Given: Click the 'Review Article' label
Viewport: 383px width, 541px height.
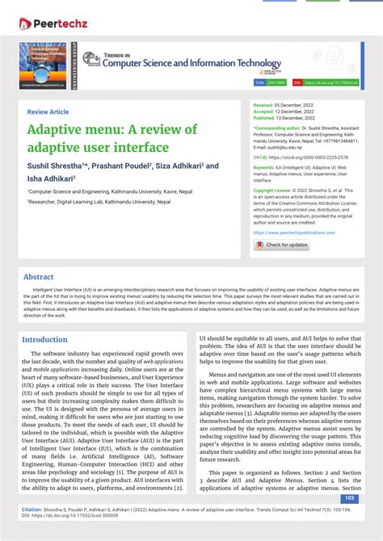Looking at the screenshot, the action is pyautogui.click(x=48, y=111).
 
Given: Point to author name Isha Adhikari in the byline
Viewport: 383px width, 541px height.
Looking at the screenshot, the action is pyautogui.click(x=50, y=178).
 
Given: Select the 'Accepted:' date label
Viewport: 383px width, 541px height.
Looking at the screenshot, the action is pyautogui.click(x=268, y=111).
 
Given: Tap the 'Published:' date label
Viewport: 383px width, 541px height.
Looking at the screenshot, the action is pyautogui.click(x=269, y=118).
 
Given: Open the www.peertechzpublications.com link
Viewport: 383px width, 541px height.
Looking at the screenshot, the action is pyautogui.click(x=295, y=233).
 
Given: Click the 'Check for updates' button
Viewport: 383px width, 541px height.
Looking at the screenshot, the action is pyautogui.click(x=282, y=245).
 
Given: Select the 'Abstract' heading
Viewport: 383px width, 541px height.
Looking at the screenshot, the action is pyautogui.click(x=38, y=277).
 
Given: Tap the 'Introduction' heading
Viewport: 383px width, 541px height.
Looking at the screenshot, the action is pyautogui.click(x=44, y=340).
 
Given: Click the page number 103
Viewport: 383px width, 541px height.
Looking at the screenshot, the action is pyautogui.click(x=350, y=499).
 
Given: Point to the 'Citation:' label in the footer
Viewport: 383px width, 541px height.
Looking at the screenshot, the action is pyautogui.click(x=32, y=510).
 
